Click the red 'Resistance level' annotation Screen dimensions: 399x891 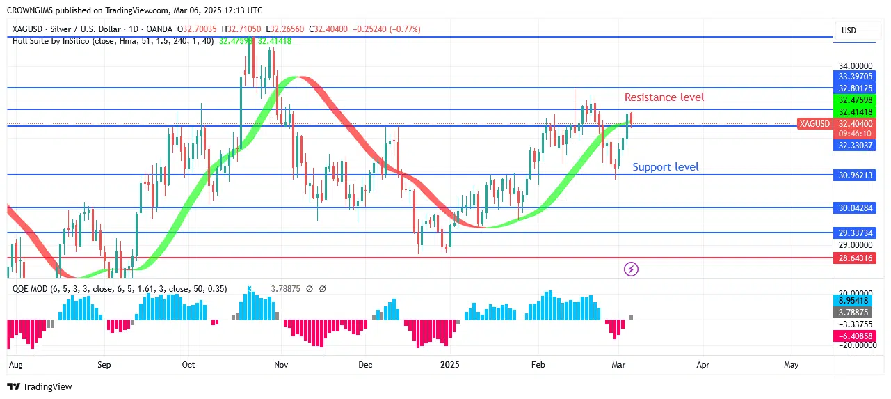(664, 97)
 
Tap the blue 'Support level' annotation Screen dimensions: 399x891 (665, 167)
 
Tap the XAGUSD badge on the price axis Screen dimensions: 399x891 (814, 123)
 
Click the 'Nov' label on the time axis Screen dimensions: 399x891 (281, 364)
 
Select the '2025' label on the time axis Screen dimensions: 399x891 (450, 364)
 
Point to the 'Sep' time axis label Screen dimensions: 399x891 (104, 364)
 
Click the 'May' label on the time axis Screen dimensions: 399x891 (791, 364)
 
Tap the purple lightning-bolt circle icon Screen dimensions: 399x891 (631, 269)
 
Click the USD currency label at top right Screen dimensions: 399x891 (849, 31)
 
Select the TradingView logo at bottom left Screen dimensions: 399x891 (40, 386)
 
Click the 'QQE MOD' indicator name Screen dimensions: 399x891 (29, 288)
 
